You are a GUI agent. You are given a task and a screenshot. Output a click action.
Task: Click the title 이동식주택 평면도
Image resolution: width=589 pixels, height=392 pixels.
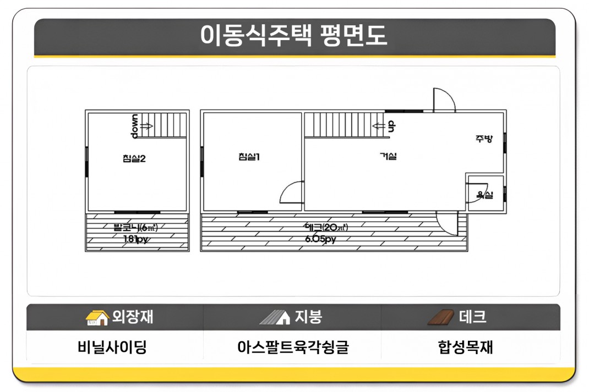click(x=294, y=36)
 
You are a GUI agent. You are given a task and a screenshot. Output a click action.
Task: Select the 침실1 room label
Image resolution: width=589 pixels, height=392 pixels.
click(x=249, y=157)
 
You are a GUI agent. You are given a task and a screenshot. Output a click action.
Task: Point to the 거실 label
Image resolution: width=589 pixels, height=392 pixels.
click(x=388, y=157)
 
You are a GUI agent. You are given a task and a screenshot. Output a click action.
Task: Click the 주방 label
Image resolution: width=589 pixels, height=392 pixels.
click(x=484, y=139)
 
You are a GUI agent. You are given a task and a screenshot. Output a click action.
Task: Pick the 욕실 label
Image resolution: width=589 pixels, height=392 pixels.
click(x=484, y=195)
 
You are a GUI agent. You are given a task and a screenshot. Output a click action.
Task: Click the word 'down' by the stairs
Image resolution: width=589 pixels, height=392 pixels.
click(x=135, y=126)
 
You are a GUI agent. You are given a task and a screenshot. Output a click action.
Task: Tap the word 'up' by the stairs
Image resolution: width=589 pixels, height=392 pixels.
click(x=391, y=126)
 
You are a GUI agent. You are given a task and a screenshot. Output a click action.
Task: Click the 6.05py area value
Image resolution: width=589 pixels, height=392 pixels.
click(x=321, y=239)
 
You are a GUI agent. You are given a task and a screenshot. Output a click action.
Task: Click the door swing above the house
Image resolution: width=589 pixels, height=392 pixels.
click(x=443, y=100)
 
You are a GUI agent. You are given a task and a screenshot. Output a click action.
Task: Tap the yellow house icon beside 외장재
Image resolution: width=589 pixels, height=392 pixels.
click(x=97, y=317)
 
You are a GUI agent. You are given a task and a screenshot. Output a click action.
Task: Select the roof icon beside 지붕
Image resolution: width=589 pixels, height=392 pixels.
click(x=275, y=317)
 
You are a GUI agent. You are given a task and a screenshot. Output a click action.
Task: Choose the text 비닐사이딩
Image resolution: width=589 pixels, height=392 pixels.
click(x=112, y=347)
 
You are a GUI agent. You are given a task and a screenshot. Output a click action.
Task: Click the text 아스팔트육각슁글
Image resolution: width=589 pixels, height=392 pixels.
click(x=293, y=347)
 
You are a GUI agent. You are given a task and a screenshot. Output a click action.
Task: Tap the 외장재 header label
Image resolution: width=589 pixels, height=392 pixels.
click(x=133, y=317)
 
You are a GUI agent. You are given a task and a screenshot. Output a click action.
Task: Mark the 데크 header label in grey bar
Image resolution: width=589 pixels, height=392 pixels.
click(x=472, y=317)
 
